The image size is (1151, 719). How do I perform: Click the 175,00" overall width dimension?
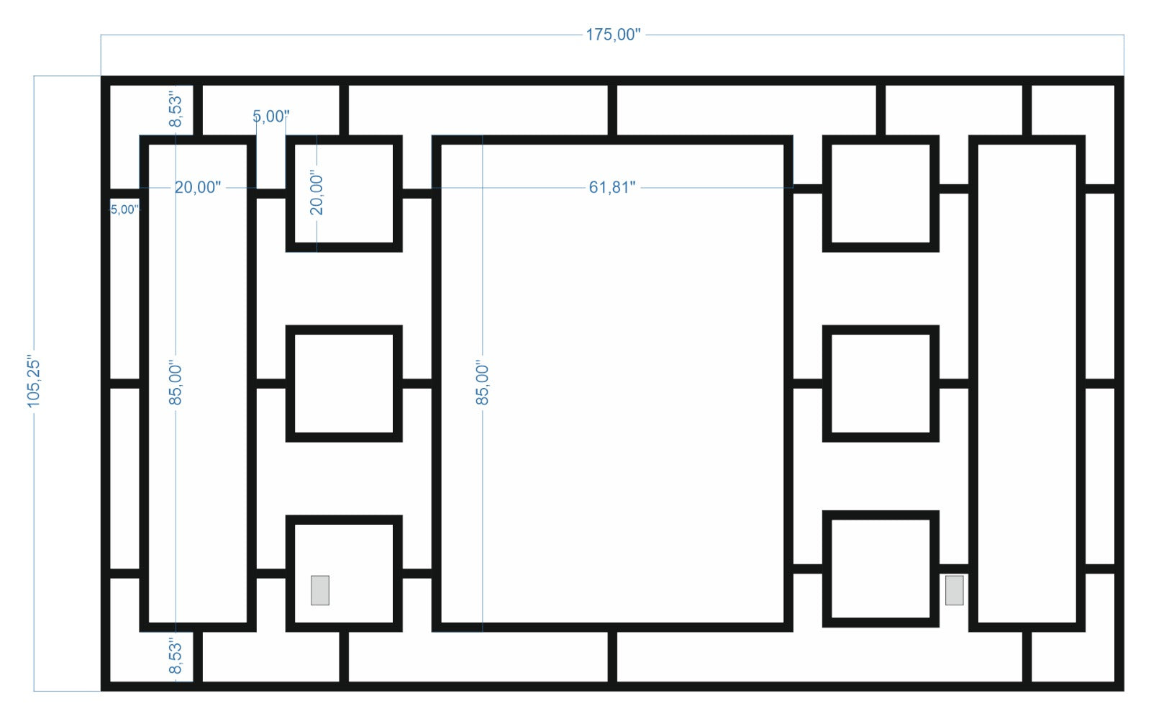click(612, 35)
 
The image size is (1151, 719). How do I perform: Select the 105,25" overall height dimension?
click(35, 381)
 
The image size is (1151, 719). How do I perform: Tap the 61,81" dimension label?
click(612, 187)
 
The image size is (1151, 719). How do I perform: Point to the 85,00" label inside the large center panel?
click(483, 384)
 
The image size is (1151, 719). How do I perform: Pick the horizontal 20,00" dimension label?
click(198, 187)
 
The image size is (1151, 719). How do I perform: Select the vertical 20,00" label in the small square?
click(317, 193)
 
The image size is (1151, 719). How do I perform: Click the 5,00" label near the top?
click(271, 116)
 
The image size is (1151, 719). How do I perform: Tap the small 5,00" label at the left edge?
click(124, 209)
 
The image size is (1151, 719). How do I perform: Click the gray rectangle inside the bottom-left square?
click(320, 590)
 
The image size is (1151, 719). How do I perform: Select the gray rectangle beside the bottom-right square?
click(955, 590)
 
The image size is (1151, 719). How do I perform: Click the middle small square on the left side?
click(344, 384)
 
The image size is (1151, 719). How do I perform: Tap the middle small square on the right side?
click(881, 384)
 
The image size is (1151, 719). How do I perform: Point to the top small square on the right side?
click(881, 194)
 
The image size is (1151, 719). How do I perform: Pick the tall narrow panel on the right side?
click(1027, 384)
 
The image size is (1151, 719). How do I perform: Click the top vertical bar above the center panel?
click(612, 110)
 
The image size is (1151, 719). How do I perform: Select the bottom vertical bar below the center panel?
click(612, 656)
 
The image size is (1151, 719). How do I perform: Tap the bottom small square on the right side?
click(881, 569)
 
